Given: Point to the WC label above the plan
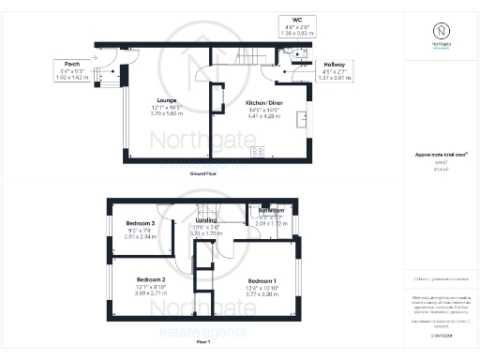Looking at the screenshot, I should (296, 18).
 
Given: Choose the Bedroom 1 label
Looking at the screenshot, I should (262, 280).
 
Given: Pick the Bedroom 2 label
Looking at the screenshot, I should (150, 280).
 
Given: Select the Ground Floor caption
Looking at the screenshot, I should (204, 174).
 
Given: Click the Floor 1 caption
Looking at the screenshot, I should (203, 343).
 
